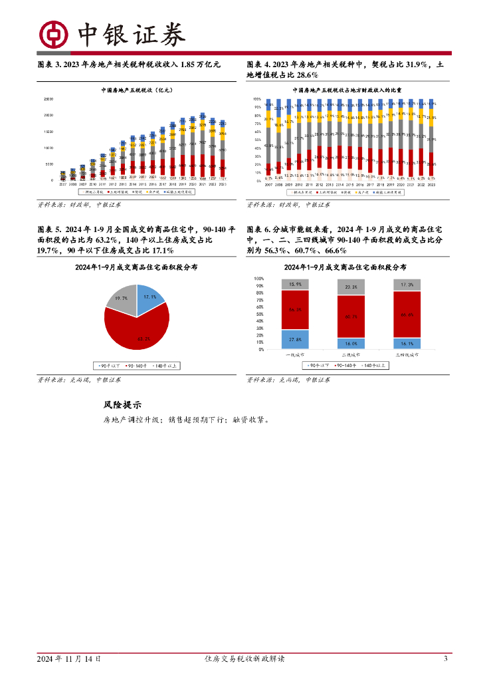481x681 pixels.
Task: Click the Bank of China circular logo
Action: click(x=52, y=34)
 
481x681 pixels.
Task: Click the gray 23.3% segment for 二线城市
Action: click(x=350, y=287)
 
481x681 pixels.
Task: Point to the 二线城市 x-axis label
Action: click(x=350, y=356)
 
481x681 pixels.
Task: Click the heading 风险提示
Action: click(x=122, y=405)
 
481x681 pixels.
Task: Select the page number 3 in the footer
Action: click(x=445, y=659)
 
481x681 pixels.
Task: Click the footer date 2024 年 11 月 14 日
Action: click(x=69, y=659)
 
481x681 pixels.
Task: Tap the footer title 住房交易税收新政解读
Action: click(x=242, y=659)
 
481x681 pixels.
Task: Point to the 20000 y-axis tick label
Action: click(x=48, y=115)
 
